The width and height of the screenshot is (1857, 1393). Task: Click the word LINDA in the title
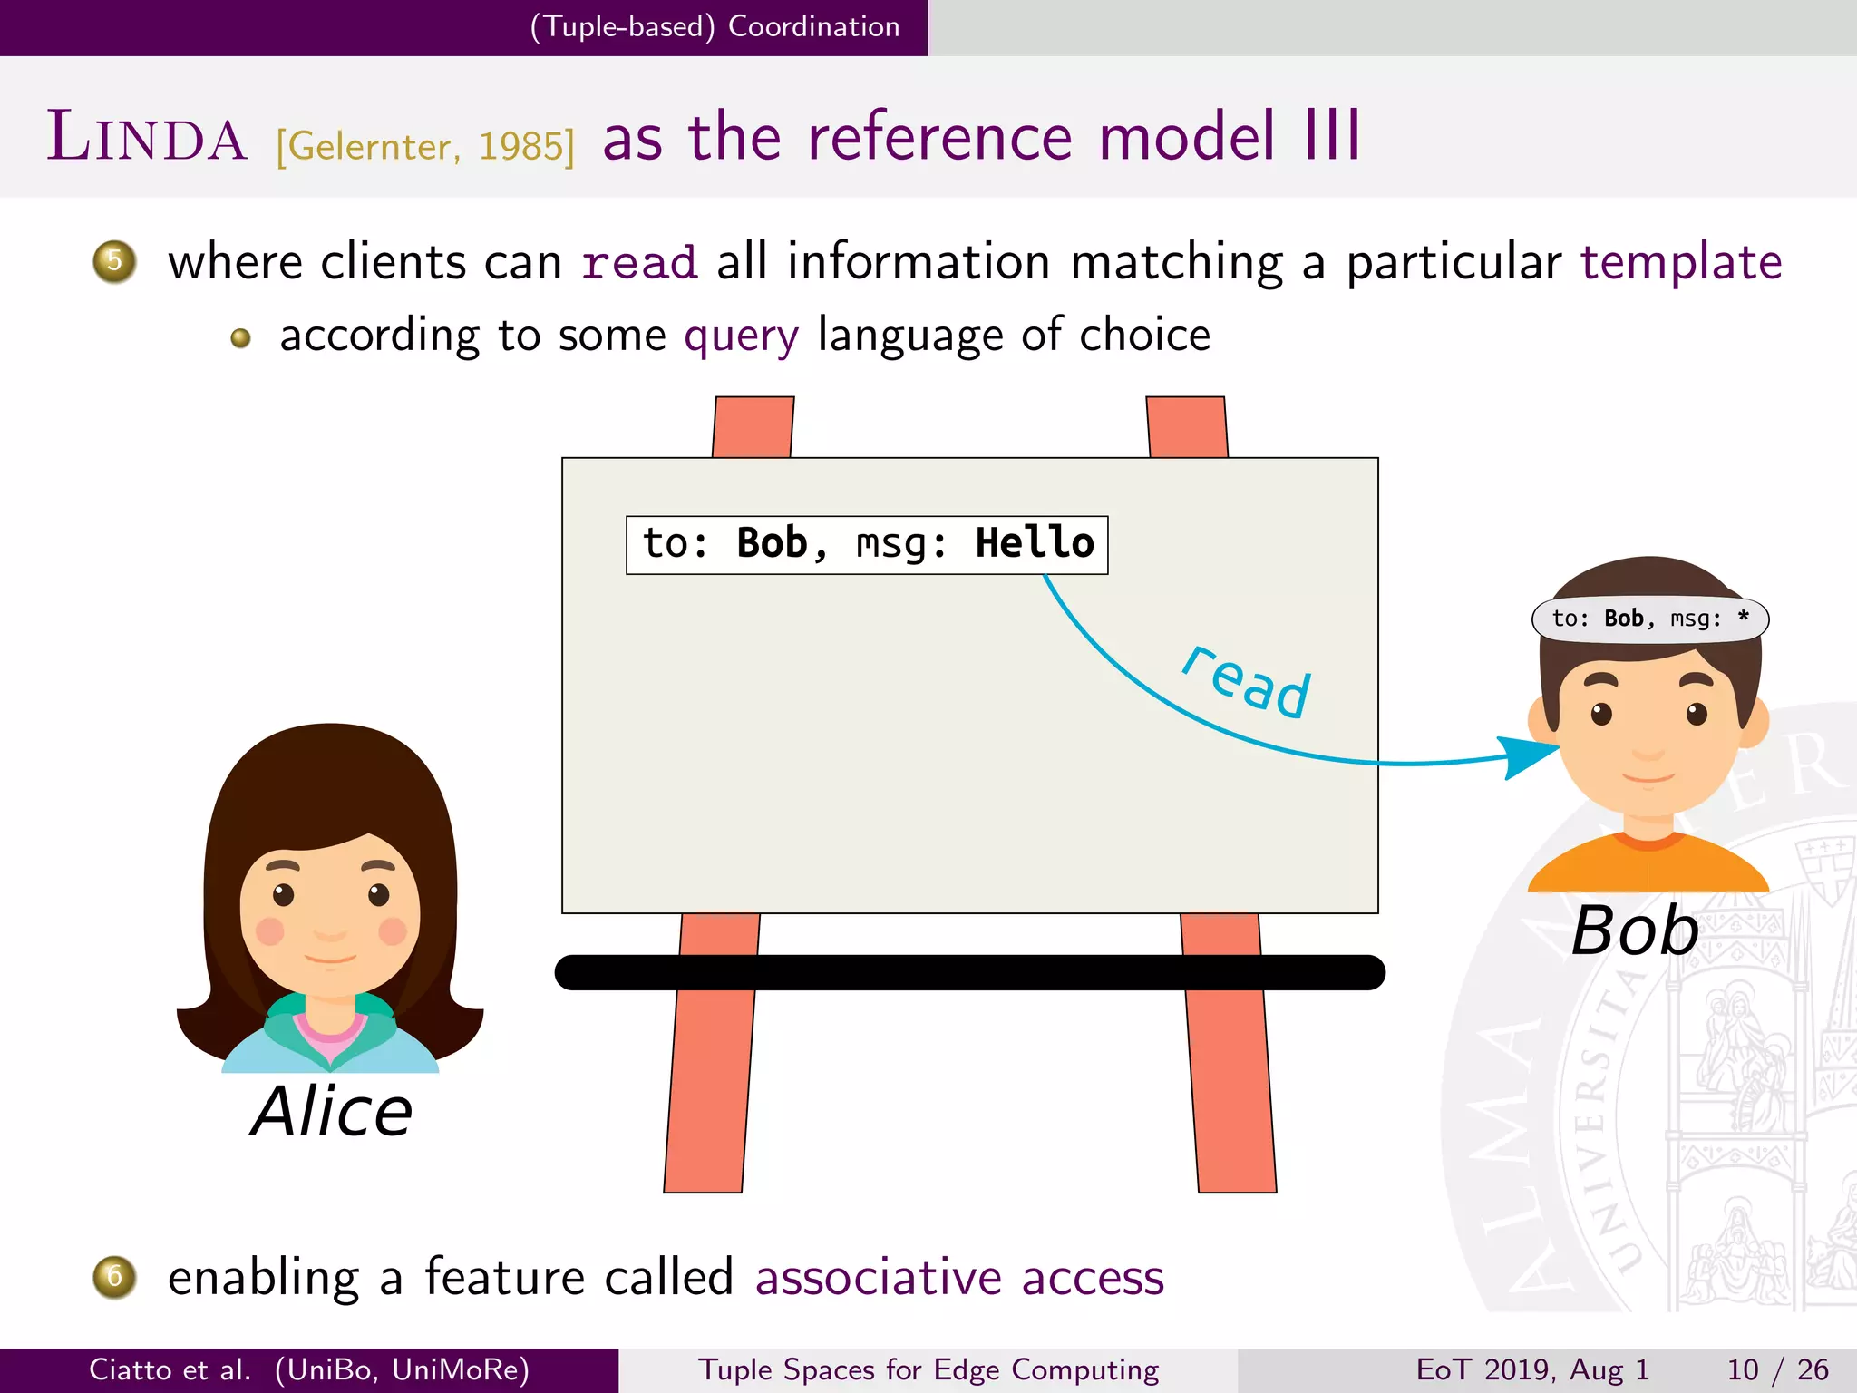coord(147,138)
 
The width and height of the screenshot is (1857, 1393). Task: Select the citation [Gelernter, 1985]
coord(425,146)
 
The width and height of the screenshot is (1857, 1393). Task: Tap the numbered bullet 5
coord(114,262)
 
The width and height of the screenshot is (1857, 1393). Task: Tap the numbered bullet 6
coord(114,1277)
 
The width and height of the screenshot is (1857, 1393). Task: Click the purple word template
coord(1680,262)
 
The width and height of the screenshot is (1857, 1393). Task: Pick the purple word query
coord(741,336)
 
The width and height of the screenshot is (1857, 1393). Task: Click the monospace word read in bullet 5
coord(639,263)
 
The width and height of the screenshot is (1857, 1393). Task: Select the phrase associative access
coord(959,1277)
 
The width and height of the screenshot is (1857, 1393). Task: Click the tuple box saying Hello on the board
coord(867,544)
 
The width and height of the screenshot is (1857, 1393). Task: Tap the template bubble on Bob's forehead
coord(1649,619)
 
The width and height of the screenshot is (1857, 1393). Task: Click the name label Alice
coord(332,1111)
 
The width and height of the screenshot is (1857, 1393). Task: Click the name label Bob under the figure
coord(1635,930)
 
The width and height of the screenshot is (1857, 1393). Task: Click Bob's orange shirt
coord(1648,868)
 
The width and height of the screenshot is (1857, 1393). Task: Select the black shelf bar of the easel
coord(969,972)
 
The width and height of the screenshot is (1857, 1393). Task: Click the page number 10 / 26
coord(1777,1369)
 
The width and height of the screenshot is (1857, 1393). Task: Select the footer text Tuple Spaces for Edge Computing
coord(928,1369)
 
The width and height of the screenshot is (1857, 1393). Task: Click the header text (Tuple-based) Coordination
coord(715,26)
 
